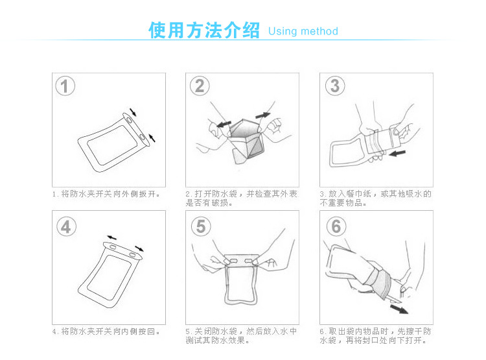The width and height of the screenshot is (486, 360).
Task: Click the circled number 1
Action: [x=65, y=86]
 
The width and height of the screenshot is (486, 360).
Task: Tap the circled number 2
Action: [x=200, y=86]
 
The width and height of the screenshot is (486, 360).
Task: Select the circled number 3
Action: [x=335, y=86]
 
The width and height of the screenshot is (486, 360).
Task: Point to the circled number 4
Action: [x=66, y=226]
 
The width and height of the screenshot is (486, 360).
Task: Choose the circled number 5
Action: [x=201, y=226]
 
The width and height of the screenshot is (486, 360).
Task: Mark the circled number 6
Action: [x=336, y=226]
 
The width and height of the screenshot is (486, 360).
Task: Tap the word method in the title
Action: [x=319, y=31]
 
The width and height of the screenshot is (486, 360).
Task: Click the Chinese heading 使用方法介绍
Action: [x=204, y=30]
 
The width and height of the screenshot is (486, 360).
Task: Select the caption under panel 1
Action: [x=106, y=194]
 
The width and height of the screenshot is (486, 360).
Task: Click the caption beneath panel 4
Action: [x=106, y=331]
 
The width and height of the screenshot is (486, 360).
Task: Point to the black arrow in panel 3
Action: [x=397, y=153]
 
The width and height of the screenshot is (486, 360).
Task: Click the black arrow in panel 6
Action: [x=399, y=309]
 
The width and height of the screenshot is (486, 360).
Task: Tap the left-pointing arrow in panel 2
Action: [x=224, y=124]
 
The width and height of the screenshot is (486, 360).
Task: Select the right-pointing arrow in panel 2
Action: [x=263, y=115]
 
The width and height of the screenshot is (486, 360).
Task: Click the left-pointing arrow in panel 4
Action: [x=112, y=238]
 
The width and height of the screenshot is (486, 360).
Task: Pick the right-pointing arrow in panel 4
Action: [x=139, y=248]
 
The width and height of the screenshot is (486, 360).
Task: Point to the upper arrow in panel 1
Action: [x=133, y=112]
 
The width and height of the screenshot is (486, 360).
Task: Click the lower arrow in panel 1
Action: [x=152, y=138]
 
